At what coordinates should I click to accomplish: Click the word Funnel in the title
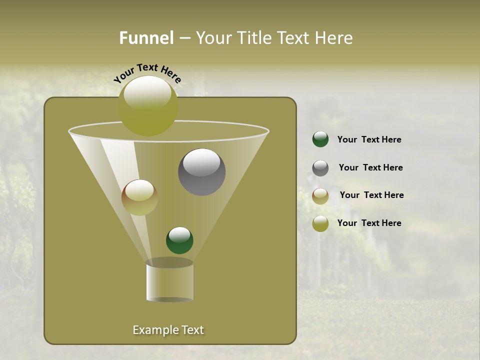point(146,38)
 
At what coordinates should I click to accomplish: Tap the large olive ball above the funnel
point(148,105)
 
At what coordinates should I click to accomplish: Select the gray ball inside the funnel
point(201,172)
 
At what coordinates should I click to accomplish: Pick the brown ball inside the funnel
point(139,197)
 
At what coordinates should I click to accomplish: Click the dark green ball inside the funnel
point(179,240)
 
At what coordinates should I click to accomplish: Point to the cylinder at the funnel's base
point(169,281)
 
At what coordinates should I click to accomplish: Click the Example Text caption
point(168,330)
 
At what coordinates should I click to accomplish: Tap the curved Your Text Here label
point(147,73)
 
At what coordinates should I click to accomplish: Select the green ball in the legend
point(320,139)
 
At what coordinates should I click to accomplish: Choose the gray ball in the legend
point(320,168)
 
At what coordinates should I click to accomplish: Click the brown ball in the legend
point(320,196)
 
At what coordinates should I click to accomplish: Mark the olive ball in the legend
point(320,223)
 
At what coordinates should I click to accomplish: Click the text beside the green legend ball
point(369,140)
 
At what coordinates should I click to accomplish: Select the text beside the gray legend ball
point(370,168)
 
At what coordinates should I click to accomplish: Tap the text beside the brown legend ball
point(371,195)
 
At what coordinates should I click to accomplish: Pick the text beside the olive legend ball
point(369,223)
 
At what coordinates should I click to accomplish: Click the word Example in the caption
point(154,330)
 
